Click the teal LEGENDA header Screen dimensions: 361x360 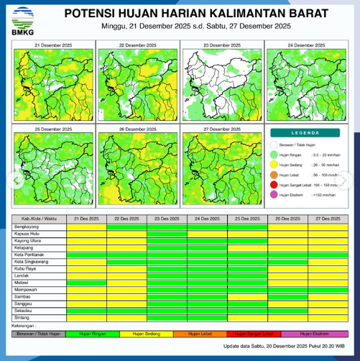tap(307, 134)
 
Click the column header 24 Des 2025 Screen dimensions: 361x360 tap(208, 218)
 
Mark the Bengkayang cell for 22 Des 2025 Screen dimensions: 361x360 tap(126, 227)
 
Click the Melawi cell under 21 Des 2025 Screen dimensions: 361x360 tap(86, 283)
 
